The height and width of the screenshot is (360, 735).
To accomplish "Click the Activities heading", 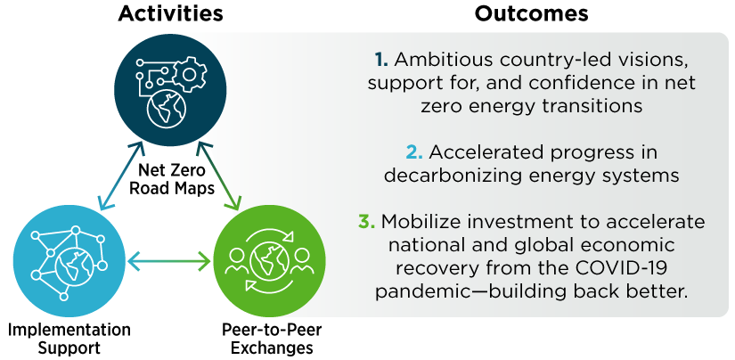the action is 171,14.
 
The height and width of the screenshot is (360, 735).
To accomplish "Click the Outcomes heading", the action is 531,14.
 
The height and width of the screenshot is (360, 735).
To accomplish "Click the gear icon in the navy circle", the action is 189,74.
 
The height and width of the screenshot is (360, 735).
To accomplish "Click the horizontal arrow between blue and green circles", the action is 169,261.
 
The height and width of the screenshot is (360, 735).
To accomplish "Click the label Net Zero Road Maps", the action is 172,178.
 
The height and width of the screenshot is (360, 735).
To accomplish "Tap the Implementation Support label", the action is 69,339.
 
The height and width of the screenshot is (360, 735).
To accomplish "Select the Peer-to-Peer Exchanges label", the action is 272,339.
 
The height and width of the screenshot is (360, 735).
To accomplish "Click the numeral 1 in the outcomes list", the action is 381,60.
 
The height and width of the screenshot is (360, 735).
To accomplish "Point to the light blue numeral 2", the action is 414,152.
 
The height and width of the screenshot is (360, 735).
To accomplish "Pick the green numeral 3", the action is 366,222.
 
